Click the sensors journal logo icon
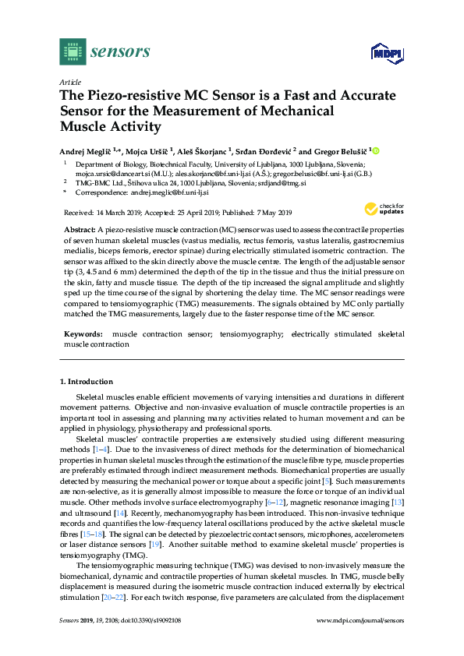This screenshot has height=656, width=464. coord(72,51)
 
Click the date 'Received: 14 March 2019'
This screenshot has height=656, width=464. coord(106,213)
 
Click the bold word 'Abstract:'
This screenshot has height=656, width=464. coord(79,231)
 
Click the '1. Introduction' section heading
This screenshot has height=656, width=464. coord(87,382)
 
